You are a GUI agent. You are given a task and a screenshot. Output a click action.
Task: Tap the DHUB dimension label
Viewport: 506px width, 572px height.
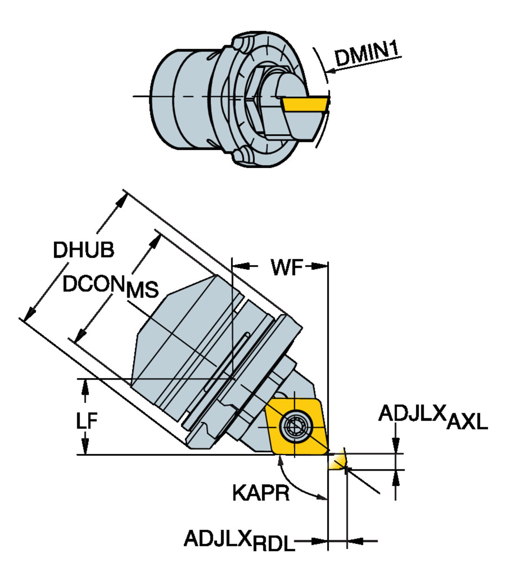click(x=84, y=250)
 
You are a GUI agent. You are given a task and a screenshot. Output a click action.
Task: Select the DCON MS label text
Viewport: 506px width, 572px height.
click(x=110, y=286)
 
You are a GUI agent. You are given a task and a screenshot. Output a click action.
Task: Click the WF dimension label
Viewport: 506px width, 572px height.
click(x=287, y=267)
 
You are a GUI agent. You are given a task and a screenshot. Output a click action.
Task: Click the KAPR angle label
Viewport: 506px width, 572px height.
click(x=261, y=493)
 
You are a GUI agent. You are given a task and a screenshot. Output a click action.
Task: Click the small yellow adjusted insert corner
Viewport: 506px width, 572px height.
click(x=337, y=461)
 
